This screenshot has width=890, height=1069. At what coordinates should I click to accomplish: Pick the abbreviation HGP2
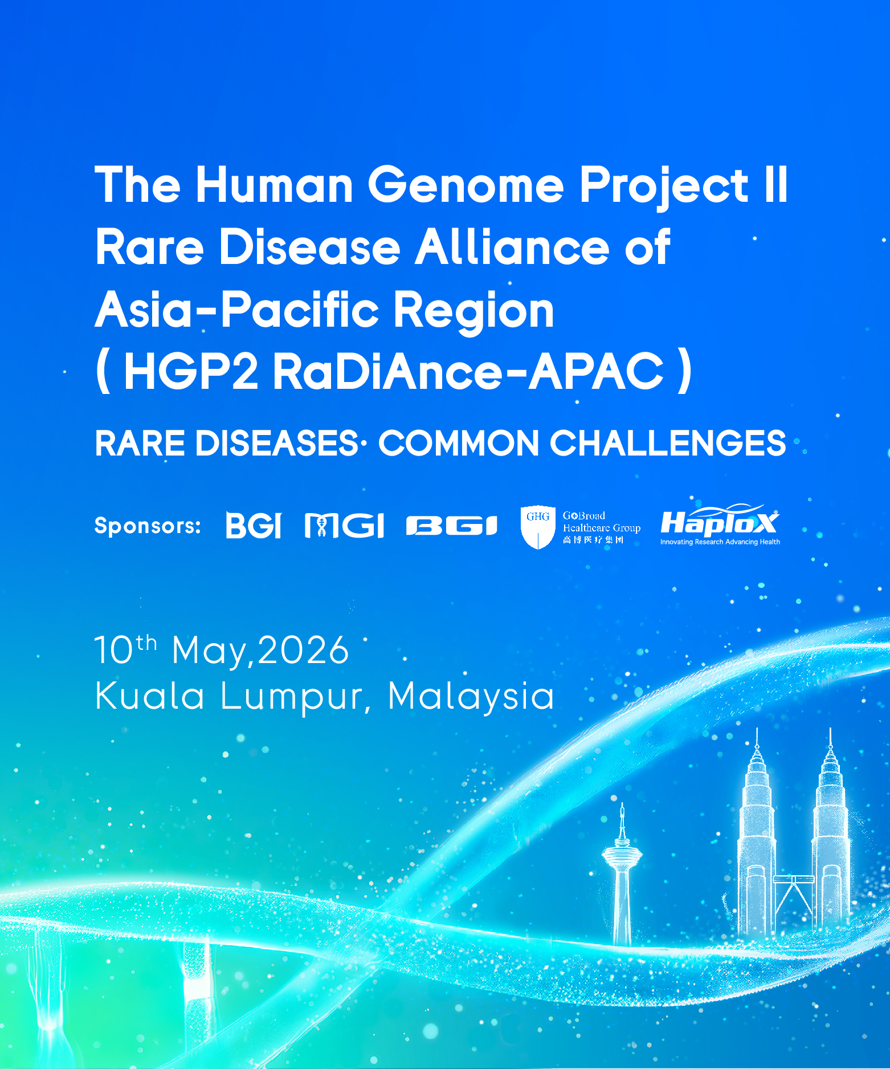191,371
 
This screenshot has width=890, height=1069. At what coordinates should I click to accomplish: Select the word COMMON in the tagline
459,443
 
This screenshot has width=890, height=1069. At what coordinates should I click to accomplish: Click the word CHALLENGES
667,443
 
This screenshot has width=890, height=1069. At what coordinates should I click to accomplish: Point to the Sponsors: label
148,526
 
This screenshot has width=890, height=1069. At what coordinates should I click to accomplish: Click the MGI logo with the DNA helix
344,525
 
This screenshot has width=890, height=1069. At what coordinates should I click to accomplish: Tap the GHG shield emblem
538,527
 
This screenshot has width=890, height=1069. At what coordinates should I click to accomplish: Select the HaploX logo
720,525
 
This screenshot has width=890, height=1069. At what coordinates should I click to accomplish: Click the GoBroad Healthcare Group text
602,527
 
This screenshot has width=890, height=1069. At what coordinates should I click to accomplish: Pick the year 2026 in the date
303,650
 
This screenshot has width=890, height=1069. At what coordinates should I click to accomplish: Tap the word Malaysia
471,697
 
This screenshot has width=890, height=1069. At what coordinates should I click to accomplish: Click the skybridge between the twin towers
793,879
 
